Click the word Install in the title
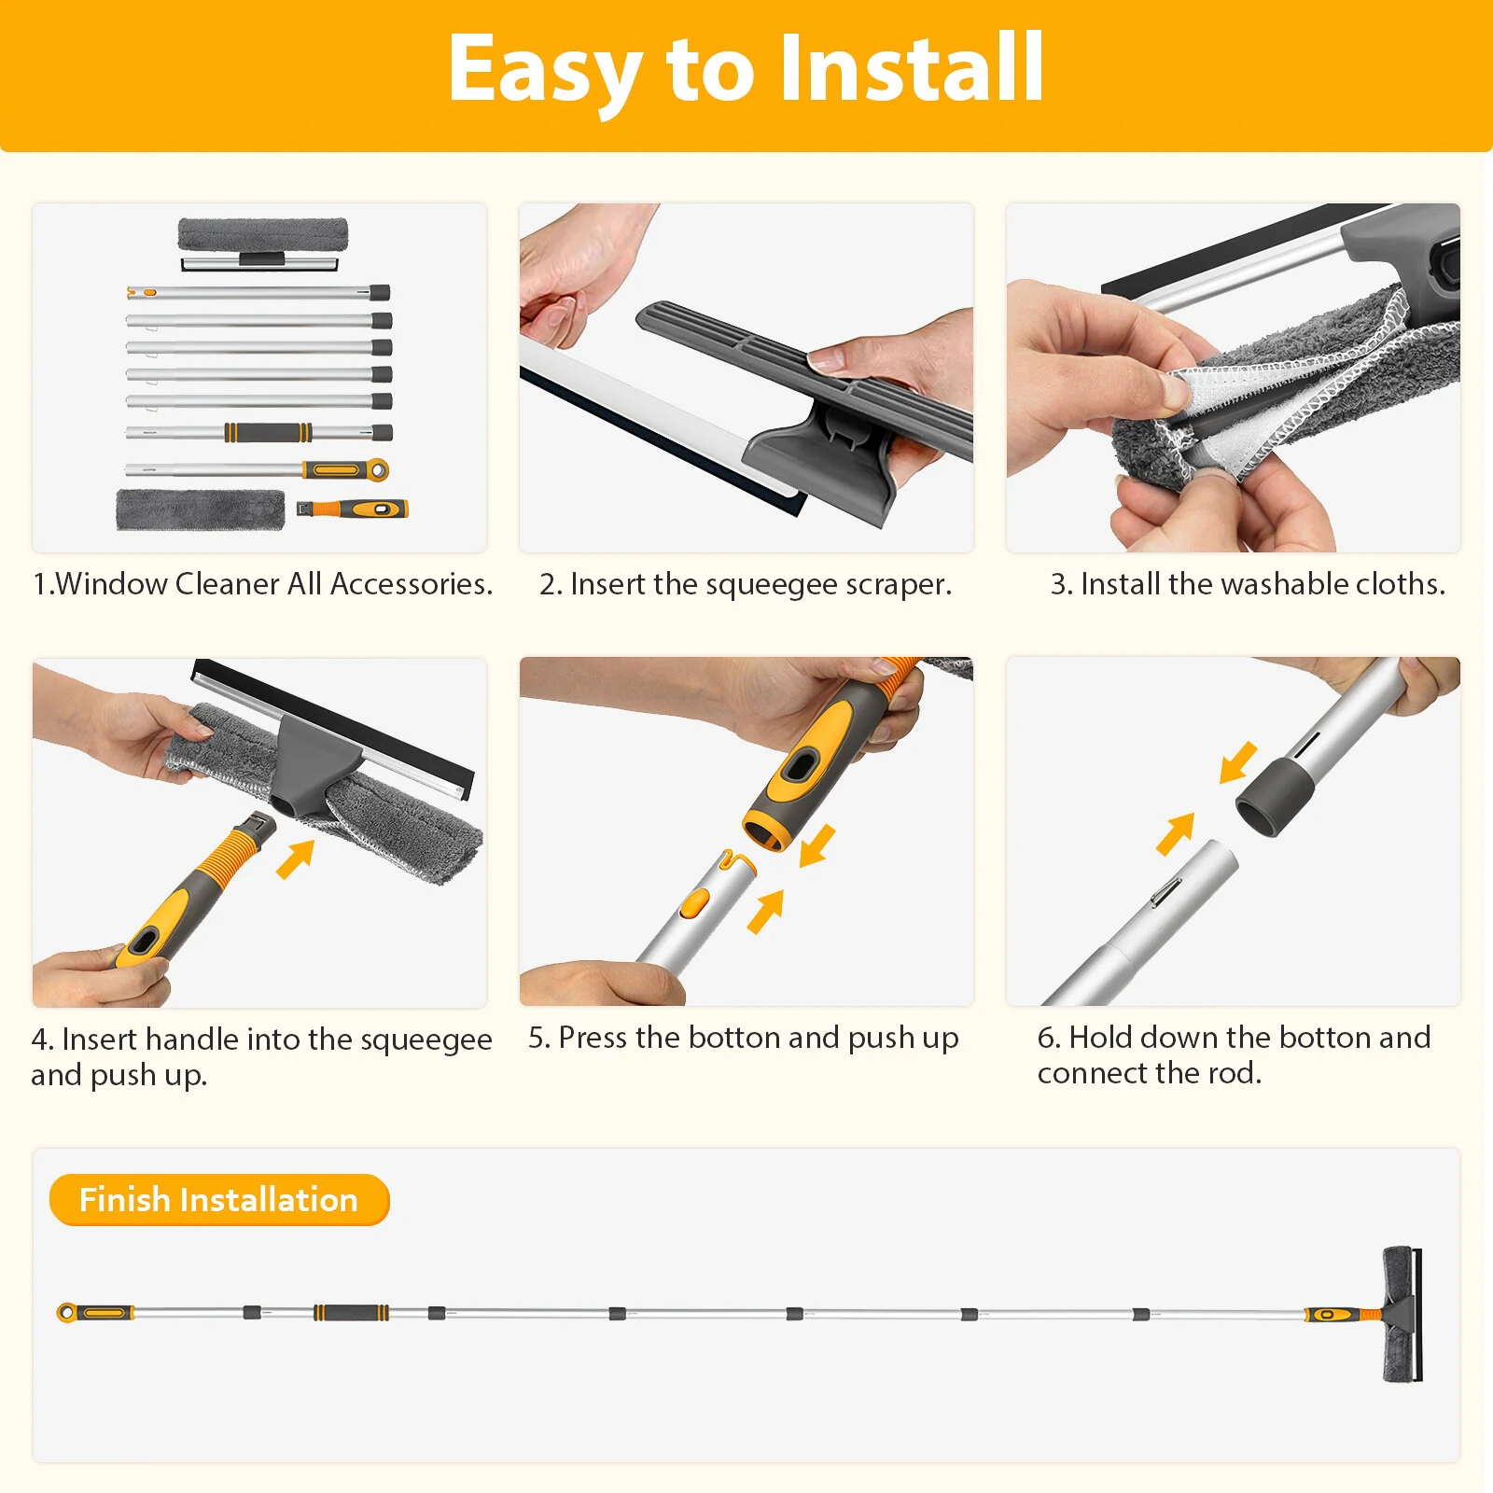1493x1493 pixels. tap(912, 67)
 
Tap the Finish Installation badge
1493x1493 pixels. tap(219, 1199)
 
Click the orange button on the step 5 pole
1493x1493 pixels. tap(694, 902)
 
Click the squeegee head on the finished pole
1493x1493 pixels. tap(1402, 1313)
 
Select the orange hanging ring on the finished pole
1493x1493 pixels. tap(66, 1313)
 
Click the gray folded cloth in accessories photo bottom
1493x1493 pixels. tap(201, 510)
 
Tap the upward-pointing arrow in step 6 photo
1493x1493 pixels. tap(1175, 833)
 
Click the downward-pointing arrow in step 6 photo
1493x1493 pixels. tap(1238, 763)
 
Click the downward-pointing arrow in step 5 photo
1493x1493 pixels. tap(817, 845)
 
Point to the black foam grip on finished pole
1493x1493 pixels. tap(351, 1313)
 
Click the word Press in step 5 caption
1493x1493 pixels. tap(593, 1038)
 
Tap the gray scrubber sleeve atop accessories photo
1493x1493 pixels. tap(263, 234)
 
